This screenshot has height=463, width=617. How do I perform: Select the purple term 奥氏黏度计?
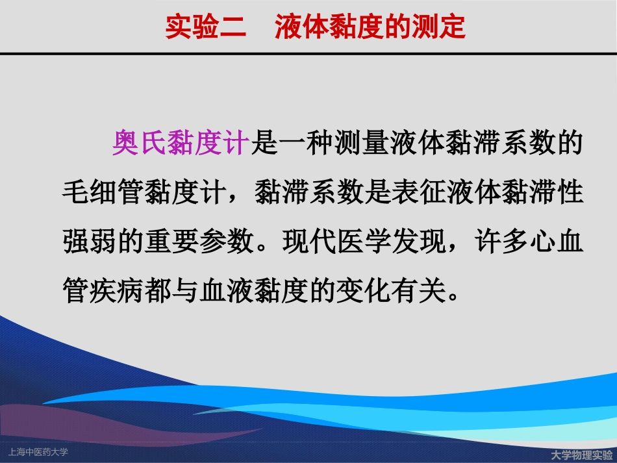[x=181, y=142]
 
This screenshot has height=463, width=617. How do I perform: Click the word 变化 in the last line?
[x=370, y=290]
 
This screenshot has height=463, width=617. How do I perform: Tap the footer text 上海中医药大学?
[x=37, y=451]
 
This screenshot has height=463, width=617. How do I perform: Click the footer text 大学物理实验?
[x=581, y=454]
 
